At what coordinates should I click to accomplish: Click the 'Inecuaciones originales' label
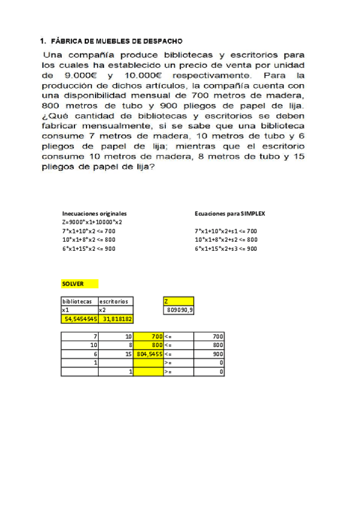click(94, 214)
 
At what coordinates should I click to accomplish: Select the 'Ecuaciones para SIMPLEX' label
click(226, 214)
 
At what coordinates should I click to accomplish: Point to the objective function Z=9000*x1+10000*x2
click(92, 222)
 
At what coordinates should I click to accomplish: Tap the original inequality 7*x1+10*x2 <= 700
click(89, 231)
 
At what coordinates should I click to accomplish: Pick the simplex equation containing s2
click(226, 239)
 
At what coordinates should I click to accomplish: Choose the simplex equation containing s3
click(226, 248)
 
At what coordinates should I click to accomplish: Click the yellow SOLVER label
click(73, 283)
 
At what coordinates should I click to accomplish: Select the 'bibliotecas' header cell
click(78, 301)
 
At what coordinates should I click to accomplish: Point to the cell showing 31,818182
click(116, 319)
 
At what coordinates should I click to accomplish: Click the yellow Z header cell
click(178, 301)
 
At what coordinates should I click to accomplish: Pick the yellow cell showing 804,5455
click(149, 355)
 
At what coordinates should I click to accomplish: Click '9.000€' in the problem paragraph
click(81, 76)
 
